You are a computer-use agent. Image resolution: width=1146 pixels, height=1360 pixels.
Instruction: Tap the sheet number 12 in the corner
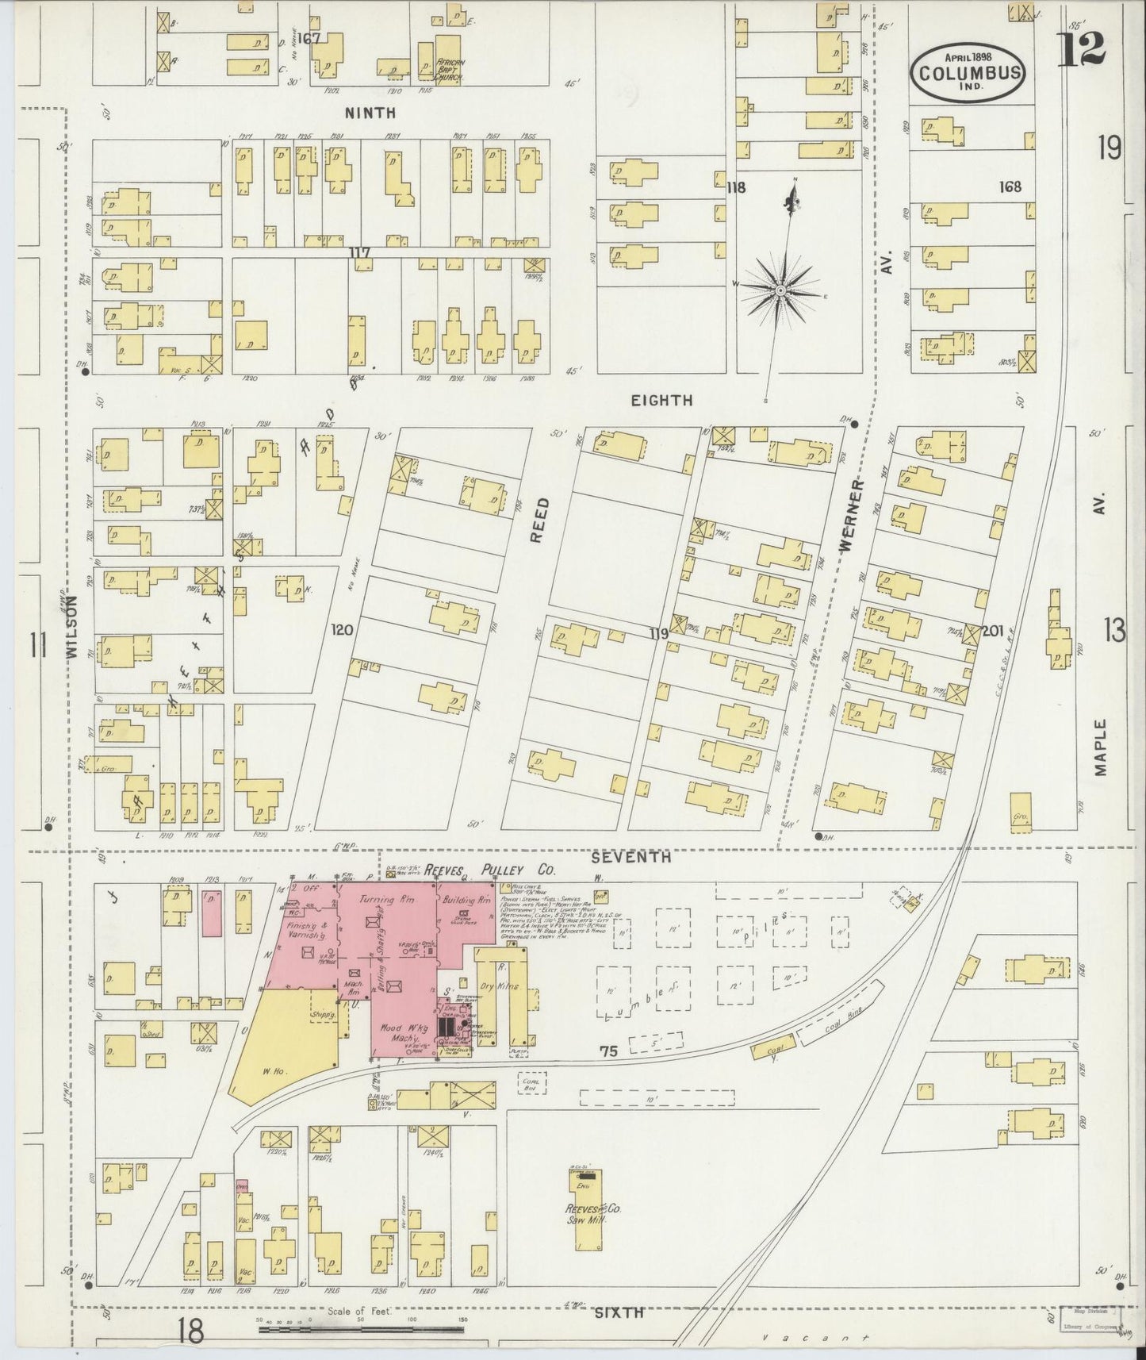click(x=1081, y=49)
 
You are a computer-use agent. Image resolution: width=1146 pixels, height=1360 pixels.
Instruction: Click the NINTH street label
click(x=370, y=113)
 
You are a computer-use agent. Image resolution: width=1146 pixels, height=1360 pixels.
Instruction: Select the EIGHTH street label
click(x=661, y=401)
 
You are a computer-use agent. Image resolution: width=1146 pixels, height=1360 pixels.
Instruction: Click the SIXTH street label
click(x=619, y=1313)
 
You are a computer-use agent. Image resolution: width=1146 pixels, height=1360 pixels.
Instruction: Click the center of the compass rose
click(x=780, y=291)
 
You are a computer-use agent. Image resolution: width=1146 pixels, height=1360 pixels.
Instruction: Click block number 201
click(x=993, y=631)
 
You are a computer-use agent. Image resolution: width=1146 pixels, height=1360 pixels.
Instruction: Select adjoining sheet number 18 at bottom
click(x=191, y=1331)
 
